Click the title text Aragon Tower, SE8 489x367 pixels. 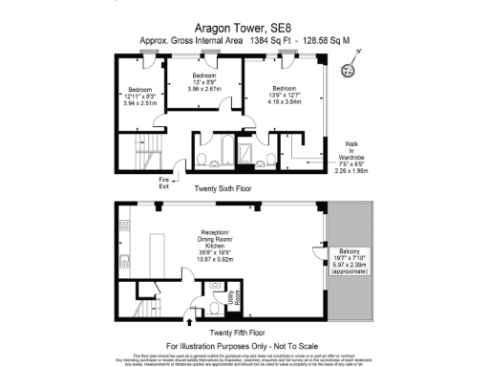coord(244,30)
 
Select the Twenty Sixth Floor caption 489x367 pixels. coord(222,189)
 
